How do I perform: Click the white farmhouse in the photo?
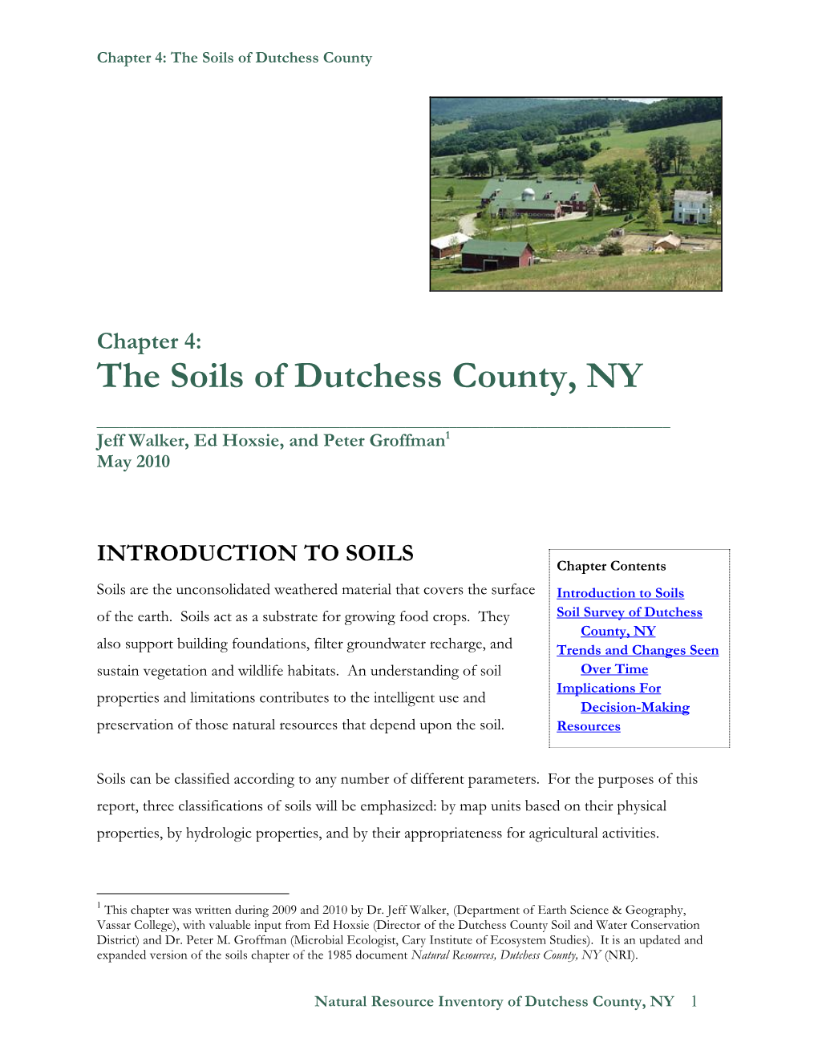tap(692, 206)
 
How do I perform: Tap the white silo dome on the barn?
tap(528, 194)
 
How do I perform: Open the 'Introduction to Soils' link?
tap(620, 593)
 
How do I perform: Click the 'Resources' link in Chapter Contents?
tap(589, 726)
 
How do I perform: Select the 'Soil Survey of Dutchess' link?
tap(629, 612)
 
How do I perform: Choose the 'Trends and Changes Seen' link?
tap(638, 650)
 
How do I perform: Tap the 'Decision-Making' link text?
tap(634, 707)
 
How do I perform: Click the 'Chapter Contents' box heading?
tap(611, 566)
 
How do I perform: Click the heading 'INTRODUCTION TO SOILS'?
tap(255, 553)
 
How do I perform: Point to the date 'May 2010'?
tap(133, 462)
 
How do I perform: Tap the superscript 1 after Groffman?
tap(447, 435)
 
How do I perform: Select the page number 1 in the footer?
tap(694, 1001)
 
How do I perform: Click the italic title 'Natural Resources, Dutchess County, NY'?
tap(505, 955)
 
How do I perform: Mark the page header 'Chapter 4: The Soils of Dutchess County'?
tap(234, 58)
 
